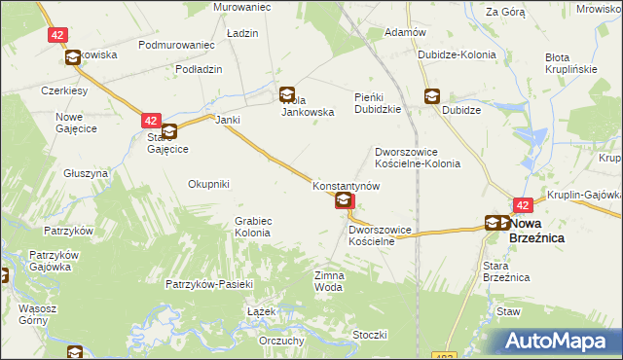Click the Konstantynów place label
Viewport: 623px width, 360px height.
coord(345,185)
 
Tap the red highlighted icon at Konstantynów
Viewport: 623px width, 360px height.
coord(345,201)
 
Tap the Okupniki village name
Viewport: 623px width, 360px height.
coord(208,183)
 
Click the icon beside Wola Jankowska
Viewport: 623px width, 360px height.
coord(287,95)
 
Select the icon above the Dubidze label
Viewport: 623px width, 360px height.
coord(431,96)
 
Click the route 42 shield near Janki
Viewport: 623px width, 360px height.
coord(150,121)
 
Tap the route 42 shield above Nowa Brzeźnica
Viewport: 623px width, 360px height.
coord(523,205)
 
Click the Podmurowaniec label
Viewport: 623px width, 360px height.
coord(176,46)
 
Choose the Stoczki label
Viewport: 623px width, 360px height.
coord(371,335)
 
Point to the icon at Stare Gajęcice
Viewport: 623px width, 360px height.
coord(169,131)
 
